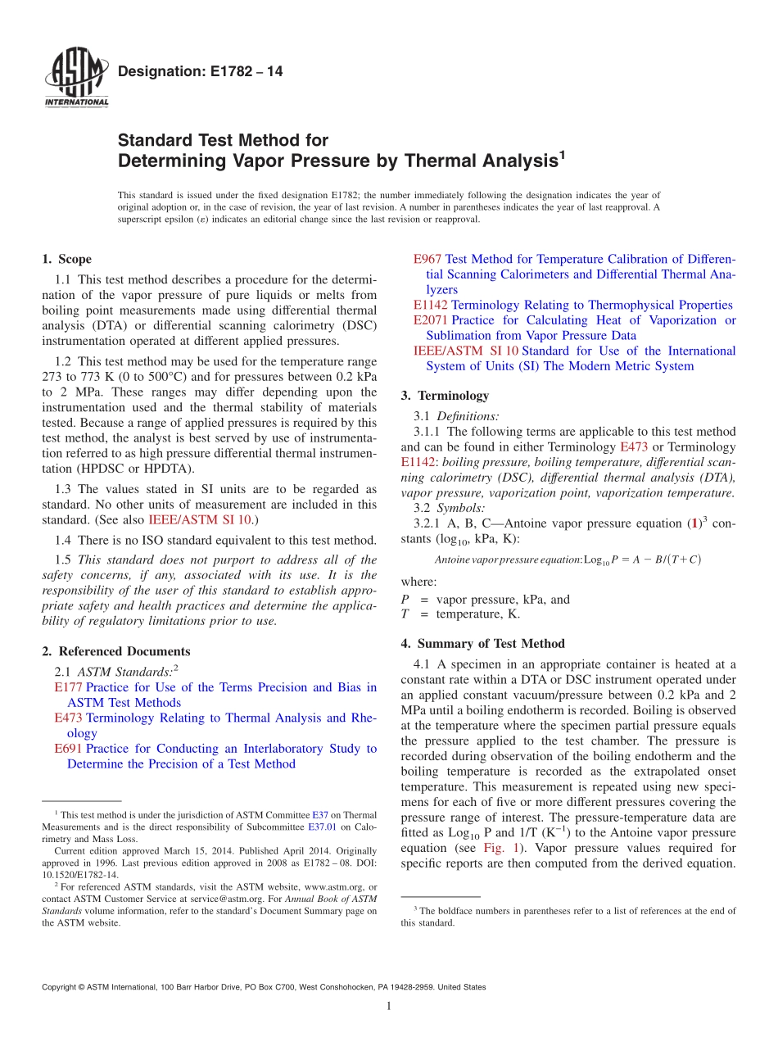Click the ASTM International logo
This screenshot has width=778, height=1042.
(75, 79)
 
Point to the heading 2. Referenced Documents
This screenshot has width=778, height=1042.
(115, 652)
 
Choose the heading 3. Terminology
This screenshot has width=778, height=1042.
(445, 396)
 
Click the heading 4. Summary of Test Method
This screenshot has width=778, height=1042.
(482, 644)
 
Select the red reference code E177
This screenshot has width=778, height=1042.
(68, 687)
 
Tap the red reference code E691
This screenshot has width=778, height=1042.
(68, 749)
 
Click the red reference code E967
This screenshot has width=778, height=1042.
(427, 259)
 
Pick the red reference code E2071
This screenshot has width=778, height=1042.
(431, 320)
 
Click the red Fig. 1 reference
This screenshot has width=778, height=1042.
(504, 848)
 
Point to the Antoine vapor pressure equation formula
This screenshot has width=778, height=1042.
(568, 560)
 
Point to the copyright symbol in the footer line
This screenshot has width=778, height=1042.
(81, 987)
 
